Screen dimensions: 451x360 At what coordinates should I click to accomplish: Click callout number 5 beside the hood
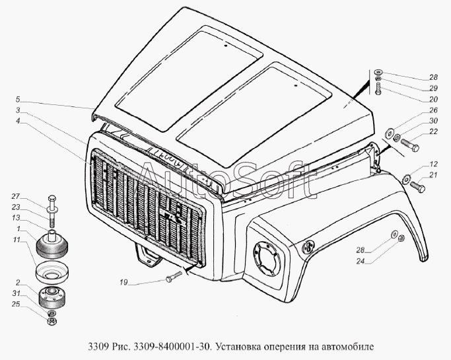click(x=18, y=100)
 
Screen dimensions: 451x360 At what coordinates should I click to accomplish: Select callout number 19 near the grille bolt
click(x=123, y=283)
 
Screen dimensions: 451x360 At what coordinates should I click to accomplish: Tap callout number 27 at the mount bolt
click(x=16, y=197)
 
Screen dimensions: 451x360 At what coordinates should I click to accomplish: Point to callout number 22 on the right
click(x=433, y=131)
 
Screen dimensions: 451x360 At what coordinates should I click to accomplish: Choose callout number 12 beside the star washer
click(x=433, y=164)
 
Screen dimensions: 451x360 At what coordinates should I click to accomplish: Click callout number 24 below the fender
click(x=361, y=261)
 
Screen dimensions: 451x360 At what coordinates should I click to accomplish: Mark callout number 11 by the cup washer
click(x=17, y=240)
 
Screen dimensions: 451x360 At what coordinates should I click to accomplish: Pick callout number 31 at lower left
click(x=16, y=293)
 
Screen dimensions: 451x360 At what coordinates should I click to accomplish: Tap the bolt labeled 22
click(x=409, y=145)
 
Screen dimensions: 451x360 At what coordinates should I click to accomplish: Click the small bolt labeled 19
click(x=174, y=276)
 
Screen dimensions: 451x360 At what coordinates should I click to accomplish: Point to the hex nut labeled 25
click(x=52, y=321)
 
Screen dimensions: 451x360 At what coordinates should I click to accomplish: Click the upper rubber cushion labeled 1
click(x=53, y=244)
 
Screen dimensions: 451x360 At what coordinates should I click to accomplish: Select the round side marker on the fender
click(x=308, y=246)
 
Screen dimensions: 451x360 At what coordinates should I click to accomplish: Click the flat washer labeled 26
click(x=390, y=133)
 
